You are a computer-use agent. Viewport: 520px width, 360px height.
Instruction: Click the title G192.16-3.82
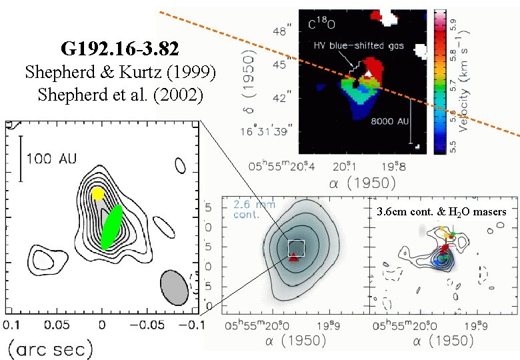[x=119, y=49]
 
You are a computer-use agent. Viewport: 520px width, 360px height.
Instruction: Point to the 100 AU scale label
[x=51, y=159]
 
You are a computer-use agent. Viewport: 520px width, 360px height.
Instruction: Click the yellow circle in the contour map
[x=98, y=193]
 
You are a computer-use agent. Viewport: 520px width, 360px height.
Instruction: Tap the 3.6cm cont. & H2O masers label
[x=441, y=212]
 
